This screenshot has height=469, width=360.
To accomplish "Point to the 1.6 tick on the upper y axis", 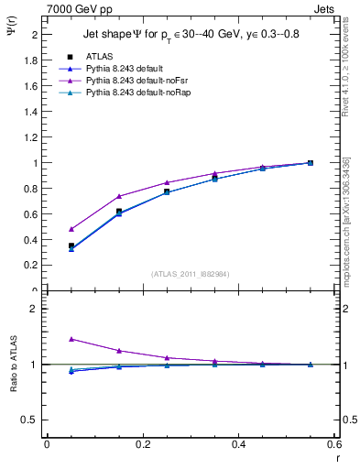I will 31,86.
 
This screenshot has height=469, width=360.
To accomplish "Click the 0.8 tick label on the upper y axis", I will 31,189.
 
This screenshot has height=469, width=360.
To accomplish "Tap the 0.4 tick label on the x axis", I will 238,444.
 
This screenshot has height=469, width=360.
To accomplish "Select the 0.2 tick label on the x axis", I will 142,444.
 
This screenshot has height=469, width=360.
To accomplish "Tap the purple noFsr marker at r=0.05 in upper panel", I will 71,229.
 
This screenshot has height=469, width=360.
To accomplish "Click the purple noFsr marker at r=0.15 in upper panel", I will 119,196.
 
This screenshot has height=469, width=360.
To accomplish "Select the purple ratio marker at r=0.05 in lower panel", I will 71,339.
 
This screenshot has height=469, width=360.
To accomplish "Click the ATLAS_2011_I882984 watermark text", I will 191,273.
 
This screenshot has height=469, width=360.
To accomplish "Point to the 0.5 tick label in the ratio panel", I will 30,420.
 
